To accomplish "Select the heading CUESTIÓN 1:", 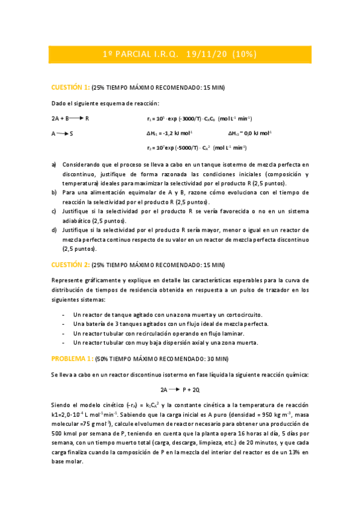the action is [x=70, y=87].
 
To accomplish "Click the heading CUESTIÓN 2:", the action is [x=70, y=264].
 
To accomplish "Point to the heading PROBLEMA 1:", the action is [x=72, y=358].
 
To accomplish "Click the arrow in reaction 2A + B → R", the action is [x=78, y=118].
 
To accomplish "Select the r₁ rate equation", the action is [x=199, y=118].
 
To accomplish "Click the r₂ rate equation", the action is [x=197, y=148].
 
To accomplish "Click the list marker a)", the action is [x=54, y=164].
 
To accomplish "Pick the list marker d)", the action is [x=54, y=230].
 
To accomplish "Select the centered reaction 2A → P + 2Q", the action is [x=180, y=389].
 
